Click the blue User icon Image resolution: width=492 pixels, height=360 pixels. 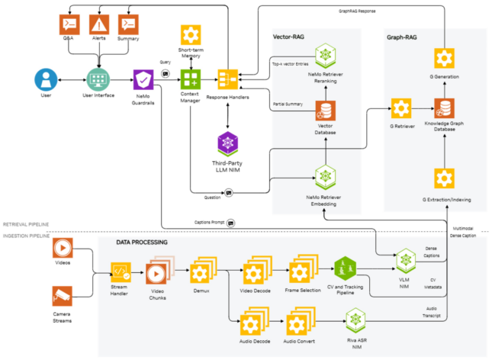(45, 79)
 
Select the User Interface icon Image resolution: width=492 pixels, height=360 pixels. (98, 79)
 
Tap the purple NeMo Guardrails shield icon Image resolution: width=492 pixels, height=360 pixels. (144, 79)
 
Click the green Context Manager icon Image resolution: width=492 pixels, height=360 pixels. (190, 79)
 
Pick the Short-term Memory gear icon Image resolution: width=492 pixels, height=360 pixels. (190, 35)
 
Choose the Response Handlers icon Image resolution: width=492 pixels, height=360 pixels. (227, 79)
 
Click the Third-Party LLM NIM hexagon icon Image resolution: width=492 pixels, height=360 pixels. (227, 143)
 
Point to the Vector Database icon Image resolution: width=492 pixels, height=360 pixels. (326, 111)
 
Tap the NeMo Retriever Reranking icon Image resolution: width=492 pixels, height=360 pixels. (326, 55)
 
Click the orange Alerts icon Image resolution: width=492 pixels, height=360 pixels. (99, 24)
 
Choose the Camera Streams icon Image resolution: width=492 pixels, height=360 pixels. (63, 297)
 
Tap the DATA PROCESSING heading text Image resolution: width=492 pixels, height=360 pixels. (142, 242)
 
